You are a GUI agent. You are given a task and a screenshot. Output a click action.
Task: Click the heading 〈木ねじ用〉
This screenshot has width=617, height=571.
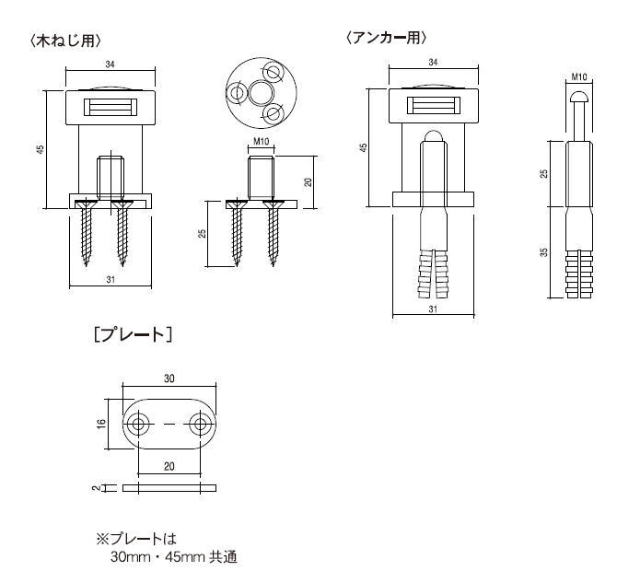(65, 41)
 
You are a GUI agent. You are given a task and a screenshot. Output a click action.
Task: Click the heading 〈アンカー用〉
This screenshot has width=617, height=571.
(387, 38)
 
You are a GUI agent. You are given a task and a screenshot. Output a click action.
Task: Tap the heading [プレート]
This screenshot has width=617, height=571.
(133, 335)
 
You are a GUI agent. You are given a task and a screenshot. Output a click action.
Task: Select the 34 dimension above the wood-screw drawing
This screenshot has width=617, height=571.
(111, 64)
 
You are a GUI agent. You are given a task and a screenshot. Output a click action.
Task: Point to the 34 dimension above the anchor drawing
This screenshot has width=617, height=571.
(433, 63)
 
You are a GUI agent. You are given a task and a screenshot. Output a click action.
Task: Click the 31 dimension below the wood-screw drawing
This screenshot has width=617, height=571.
(111, 280)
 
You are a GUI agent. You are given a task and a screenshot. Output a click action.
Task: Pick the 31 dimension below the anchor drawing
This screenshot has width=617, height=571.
(433, 309)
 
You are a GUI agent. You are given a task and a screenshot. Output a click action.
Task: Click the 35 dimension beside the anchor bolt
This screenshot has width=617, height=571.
(543, 251)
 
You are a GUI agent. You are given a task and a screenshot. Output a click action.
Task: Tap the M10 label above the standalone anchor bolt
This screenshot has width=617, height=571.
(579, 76)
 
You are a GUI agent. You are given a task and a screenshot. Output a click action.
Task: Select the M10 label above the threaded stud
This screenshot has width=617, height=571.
(261, 141)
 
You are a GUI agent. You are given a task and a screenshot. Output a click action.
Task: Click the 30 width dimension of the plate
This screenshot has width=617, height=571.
(169, 379)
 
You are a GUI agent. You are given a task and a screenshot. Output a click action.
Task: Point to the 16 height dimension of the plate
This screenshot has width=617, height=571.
(101, 424)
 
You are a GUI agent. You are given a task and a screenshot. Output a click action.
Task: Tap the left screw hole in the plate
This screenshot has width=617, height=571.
(138, 425)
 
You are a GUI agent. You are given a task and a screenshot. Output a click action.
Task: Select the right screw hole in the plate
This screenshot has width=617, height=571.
(200, 425)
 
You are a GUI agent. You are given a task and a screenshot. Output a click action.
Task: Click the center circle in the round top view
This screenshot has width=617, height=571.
(262, 93)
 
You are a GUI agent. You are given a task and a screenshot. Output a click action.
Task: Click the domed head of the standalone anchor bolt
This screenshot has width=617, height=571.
(579, 97)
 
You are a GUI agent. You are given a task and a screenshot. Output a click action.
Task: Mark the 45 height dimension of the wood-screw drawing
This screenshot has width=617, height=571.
(41, 149)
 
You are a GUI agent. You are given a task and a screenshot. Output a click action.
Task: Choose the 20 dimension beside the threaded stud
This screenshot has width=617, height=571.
(308, 181)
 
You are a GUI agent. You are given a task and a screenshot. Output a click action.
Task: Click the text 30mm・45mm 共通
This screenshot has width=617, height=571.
(174, 557)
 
